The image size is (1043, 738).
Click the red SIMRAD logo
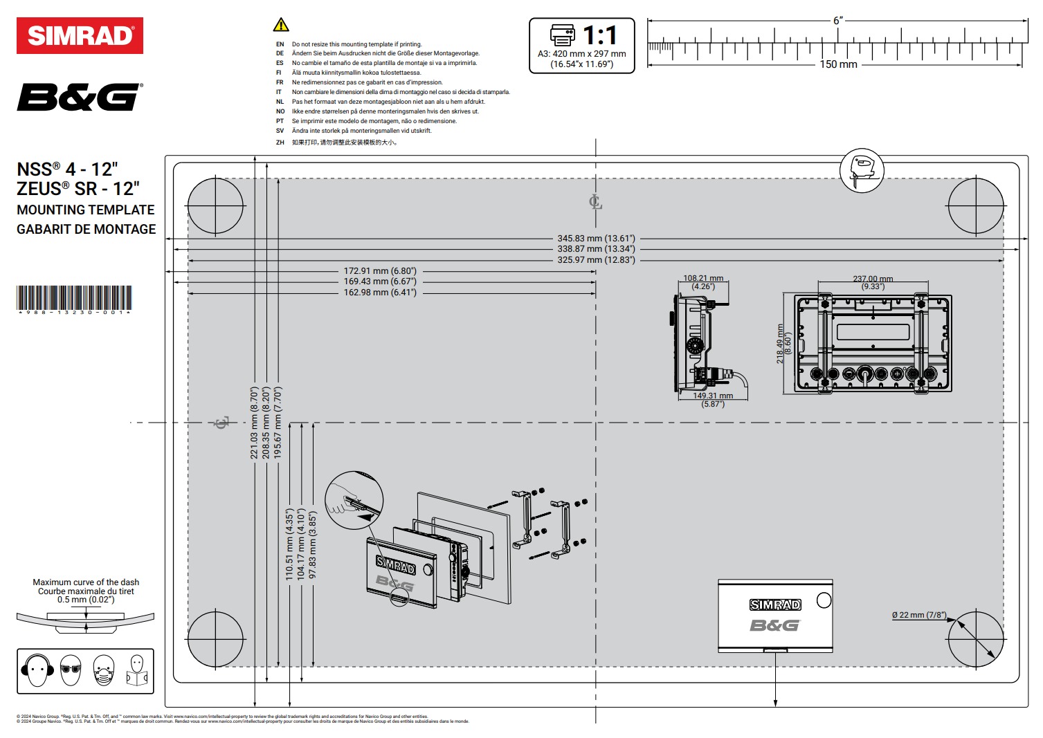coord(80,36)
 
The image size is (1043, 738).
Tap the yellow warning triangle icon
coord(281,26)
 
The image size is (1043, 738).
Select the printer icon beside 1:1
coord(562,34)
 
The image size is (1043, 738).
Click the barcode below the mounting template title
coord(74,298)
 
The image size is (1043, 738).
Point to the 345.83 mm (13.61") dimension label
coord(596,239)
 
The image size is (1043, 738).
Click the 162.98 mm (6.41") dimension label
coord(380,293)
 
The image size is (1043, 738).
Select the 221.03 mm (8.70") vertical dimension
coord(255,423)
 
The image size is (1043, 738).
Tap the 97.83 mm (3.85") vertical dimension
coord(313,545)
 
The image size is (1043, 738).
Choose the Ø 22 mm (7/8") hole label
coord(918,615)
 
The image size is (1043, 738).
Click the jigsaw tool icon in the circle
coord(862,170)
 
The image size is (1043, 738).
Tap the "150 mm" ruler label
coord(838,64)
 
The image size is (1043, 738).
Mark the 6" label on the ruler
coord(838,21)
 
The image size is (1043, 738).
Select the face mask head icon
coord(103,670)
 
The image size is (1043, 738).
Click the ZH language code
coord(280,142)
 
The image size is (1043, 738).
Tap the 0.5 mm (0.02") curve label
coord(86,600)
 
